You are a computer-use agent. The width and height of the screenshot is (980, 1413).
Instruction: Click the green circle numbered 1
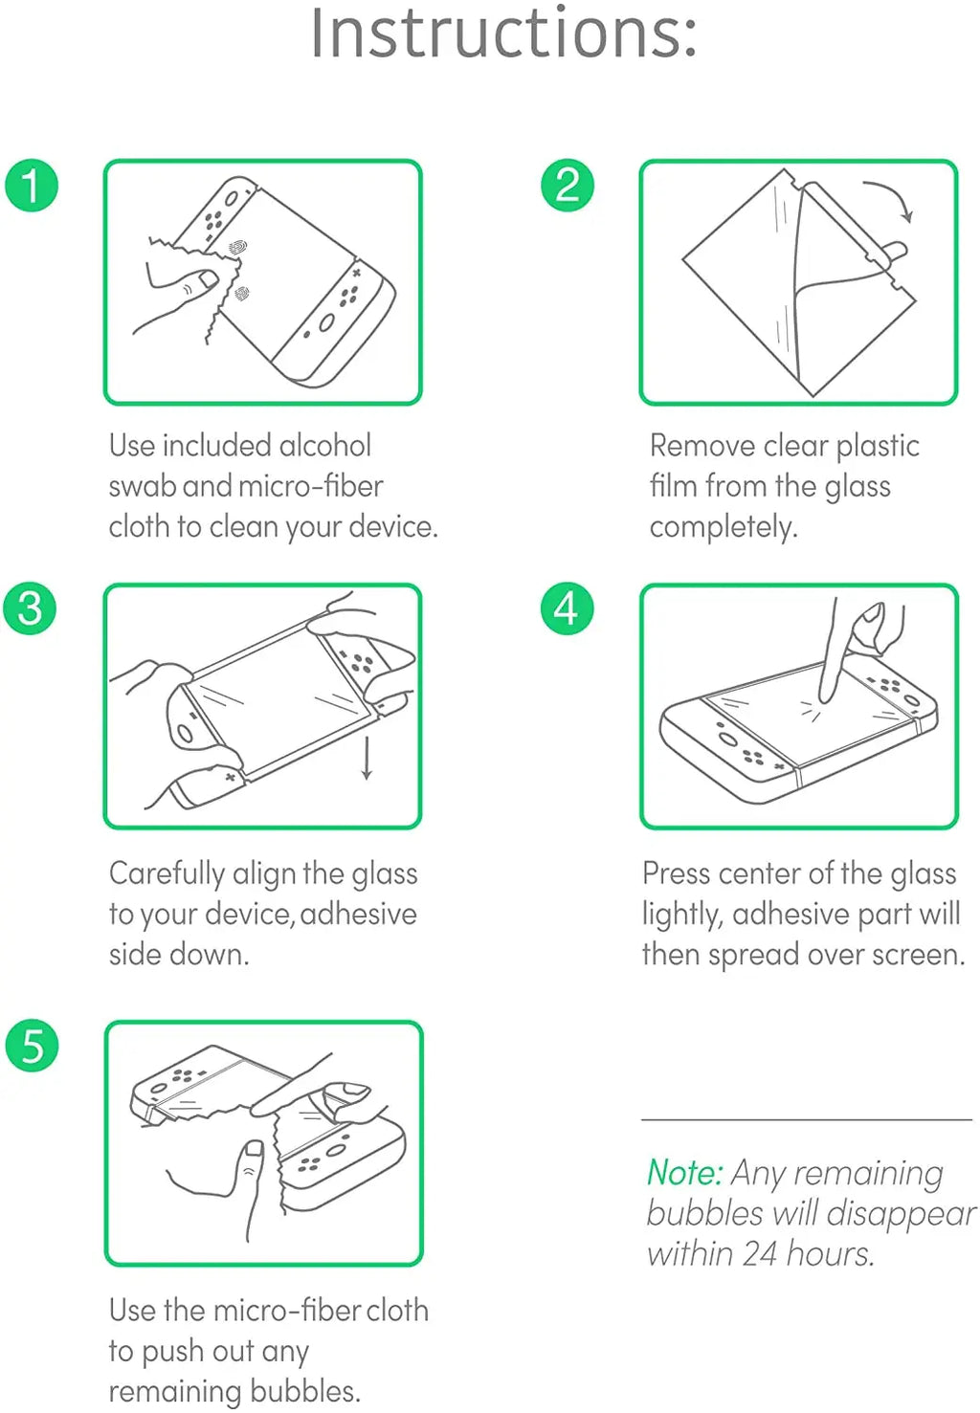tap(32, 186)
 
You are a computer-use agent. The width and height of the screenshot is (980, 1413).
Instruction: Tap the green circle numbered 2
tap(568, 186)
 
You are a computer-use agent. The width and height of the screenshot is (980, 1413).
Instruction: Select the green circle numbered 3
tap(31, 608)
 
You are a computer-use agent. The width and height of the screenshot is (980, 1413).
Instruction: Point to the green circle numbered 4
tap(568, 608)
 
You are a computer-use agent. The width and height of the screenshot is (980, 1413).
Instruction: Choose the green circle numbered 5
tap(32, 1045)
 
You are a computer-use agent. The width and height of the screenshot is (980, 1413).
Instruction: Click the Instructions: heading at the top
tap(503, 33)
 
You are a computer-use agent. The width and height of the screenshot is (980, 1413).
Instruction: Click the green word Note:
tap(683, 1172)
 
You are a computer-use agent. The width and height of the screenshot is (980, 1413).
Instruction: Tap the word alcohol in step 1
tap(324, 446)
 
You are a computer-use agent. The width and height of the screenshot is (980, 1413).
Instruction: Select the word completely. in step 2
tap(723, 527)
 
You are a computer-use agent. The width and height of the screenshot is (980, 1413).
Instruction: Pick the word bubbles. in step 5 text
tap(305, 1390)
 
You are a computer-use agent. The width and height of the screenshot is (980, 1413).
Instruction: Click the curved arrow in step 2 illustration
tap(891, 198)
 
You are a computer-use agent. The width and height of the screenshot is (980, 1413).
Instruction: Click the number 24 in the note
tap(758, 1253)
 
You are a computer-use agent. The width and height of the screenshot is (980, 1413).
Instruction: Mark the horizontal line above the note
tap(806, 1118)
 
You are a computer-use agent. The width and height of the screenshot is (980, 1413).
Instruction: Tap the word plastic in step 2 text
tap(878, 446)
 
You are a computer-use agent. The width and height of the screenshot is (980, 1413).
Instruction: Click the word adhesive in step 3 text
tap(359, 914)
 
